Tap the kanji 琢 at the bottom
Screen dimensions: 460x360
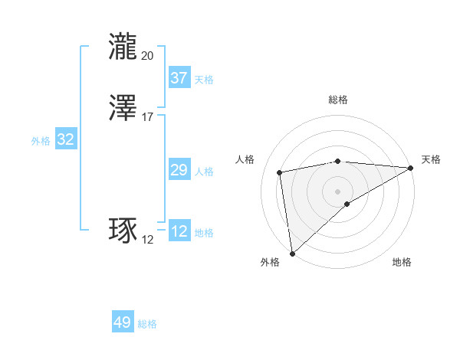(124, 231)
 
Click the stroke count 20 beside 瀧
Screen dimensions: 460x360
(147, 55)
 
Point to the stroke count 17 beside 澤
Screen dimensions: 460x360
(147, 117)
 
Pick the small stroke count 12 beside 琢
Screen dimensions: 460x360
(147, 240)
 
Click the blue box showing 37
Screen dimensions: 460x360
(179, 78)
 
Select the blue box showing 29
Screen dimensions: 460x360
(179, 171)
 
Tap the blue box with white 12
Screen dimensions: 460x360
(179, 232)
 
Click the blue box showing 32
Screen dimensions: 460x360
(65, 139)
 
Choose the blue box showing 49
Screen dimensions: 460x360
(122, 322)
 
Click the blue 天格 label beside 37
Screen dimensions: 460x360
(204, 80)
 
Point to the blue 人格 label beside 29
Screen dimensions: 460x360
(204, 172)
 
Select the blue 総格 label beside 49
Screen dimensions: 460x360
(147, 324)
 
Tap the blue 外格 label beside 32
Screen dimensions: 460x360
(41, 141)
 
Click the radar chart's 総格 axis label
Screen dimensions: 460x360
(338, 100)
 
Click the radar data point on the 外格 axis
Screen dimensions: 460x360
(292, 253)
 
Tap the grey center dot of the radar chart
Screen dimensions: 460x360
(338, 190)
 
